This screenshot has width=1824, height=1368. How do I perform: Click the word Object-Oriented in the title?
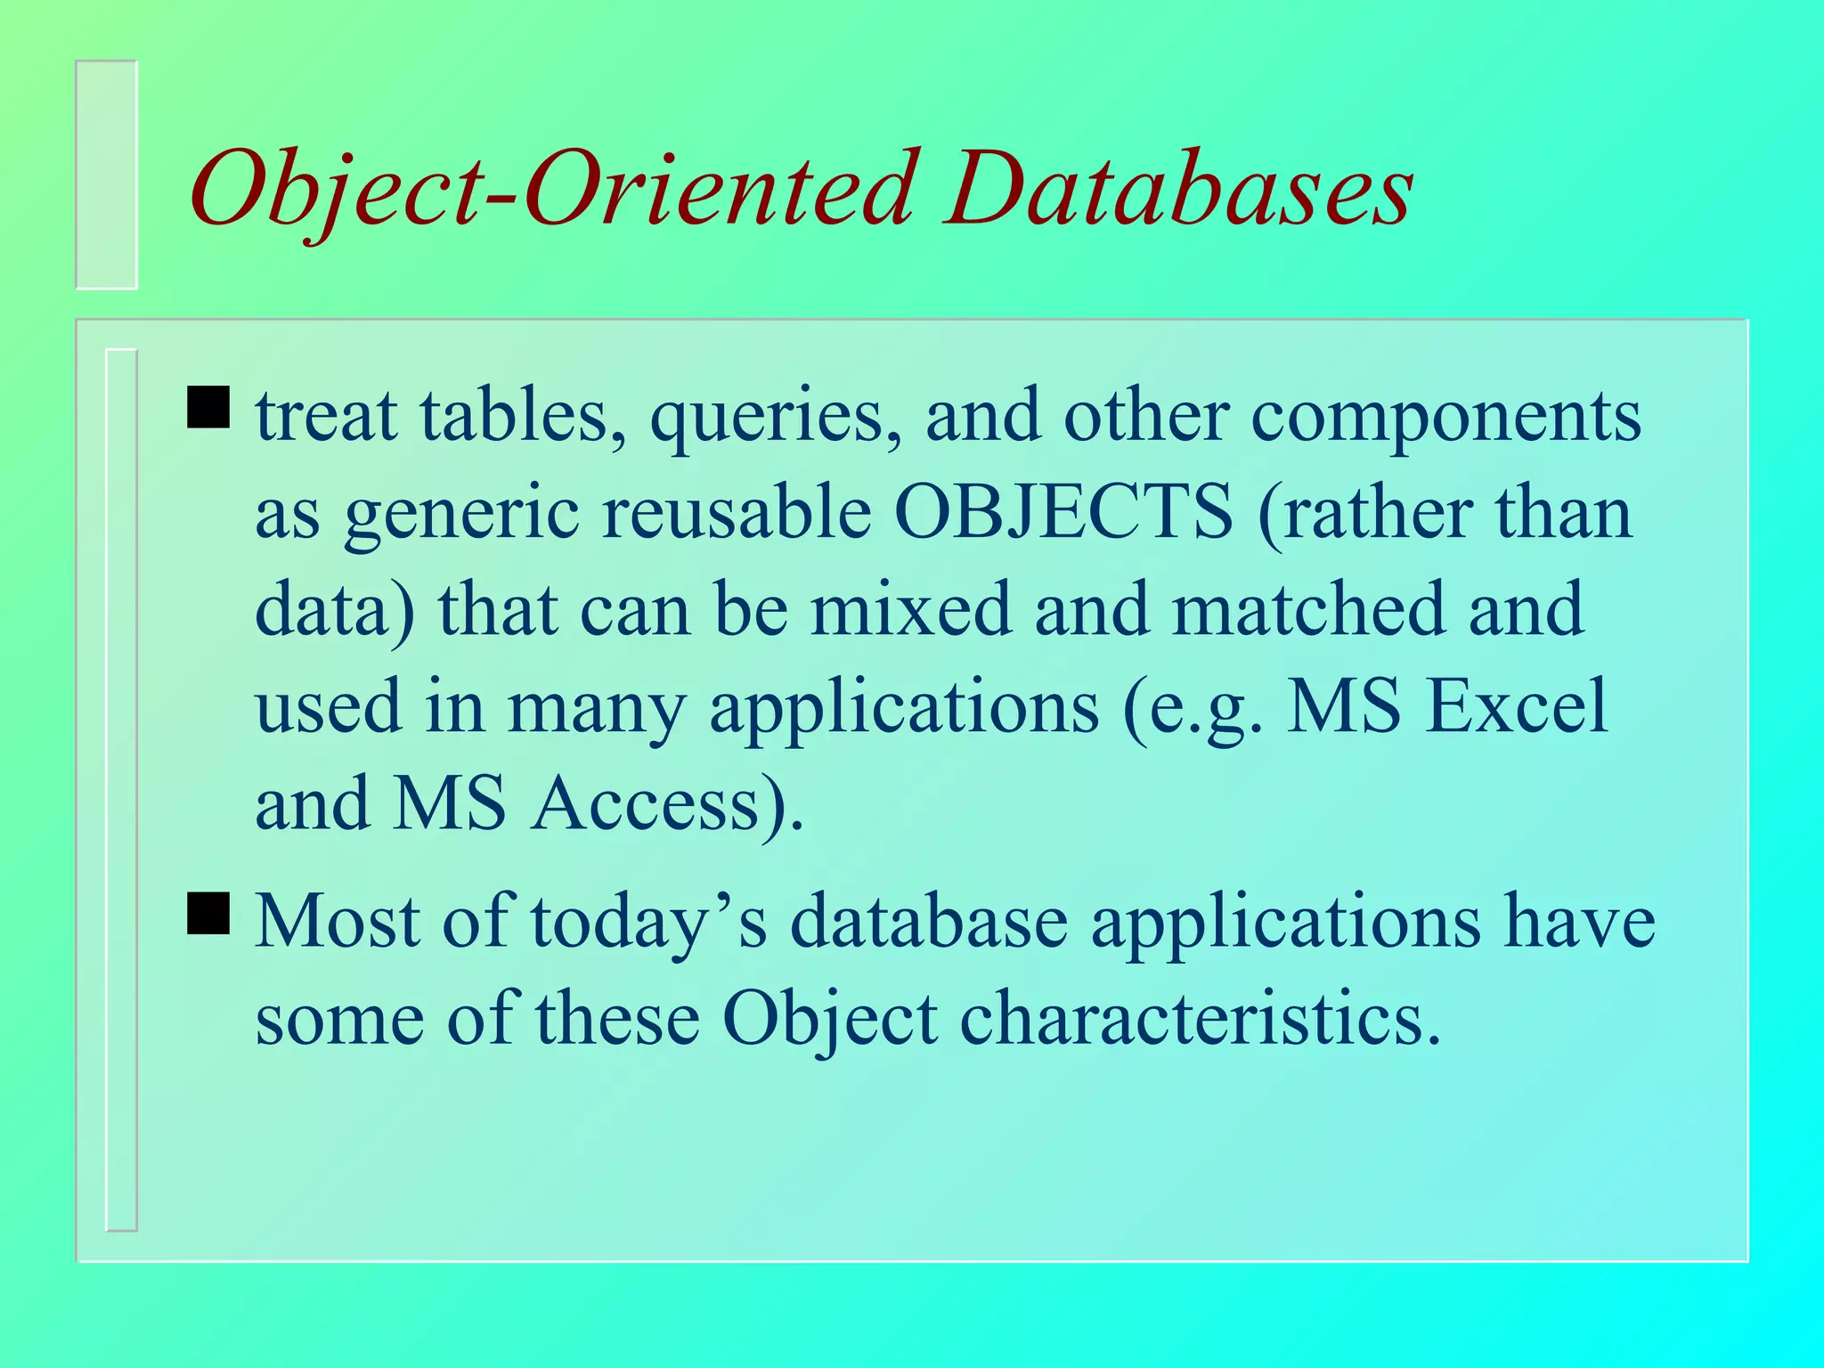point(552,191)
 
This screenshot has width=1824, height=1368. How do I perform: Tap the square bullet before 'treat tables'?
point(208,407)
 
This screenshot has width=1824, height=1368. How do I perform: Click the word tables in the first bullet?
point(525,416)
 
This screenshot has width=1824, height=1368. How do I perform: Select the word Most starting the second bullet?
point(338,922)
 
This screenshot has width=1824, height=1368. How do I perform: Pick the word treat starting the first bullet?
point(326,418)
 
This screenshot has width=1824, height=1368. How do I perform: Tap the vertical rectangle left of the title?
point(107,175)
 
